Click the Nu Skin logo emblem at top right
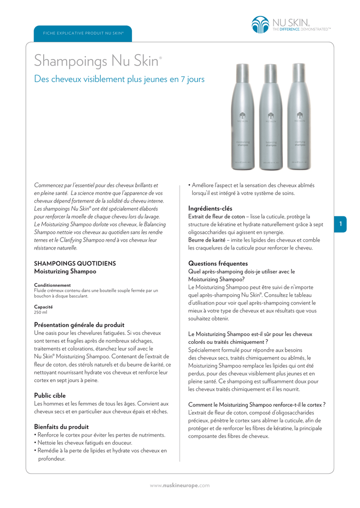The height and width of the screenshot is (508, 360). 260,25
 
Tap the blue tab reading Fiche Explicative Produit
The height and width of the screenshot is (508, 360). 83,33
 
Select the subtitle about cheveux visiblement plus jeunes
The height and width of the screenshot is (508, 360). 119,79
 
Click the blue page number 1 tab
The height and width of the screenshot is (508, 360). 341,225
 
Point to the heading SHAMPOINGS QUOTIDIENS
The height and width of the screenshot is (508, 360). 74,263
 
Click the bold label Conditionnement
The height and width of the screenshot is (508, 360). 52,285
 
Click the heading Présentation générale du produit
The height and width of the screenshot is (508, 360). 79,324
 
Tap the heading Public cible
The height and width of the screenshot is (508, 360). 50,395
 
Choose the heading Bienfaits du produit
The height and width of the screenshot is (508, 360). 61,427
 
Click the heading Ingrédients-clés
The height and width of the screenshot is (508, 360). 210,208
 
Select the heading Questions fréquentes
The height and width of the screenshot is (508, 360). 218,263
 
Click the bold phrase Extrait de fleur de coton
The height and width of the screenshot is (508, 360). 216,217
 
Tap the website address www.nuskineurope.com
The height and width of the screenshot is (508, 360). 180,485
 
